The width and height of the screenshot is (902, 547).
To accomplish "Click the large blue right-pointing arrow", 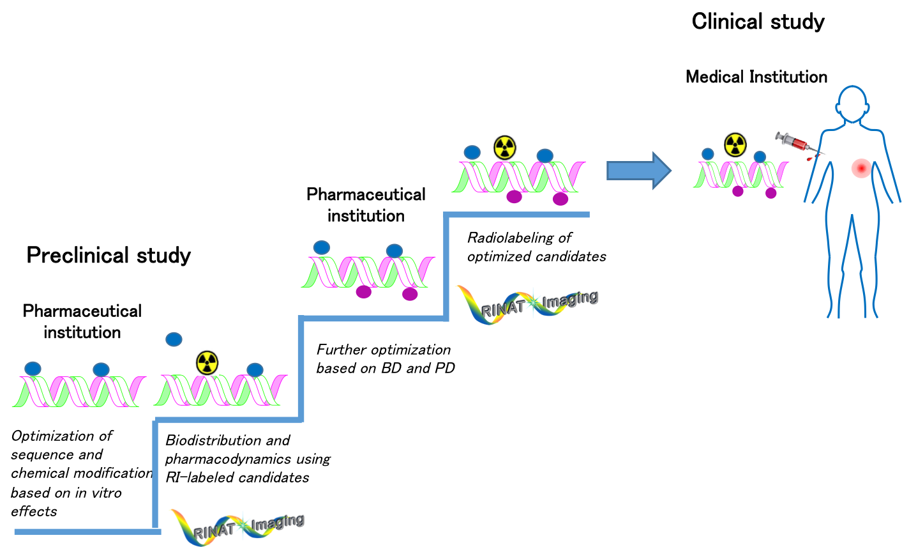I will tap(638, 171).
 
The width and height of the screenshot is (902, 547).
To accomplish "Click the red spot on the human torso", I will tap(861, 168).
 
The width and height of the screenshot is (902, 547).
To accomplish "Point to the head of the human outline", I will tap(852, 103).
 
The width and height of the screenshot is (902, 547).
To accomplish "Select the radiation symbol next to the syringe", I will tap(735, 144).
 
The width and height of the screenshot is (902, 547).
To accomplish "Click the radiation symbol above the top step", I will tap(505, 148).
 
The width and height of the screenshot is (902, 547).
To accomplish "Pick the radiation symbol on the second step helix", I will tap(207, 362).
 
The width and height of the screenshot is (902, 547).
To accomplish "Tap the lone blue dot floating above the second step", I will tap(174, 339).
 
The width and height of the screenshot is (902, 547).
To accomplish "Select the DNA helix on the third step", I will tap(368, 272).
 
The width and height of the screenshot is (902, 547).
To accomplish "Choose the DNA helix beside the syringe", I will tap(740, 174).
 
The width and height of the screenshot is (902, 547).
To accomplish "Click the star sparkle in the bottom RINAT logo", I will tap(243, 525).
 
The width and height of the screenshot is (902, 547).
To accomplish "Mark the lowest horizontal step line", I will tap(86, 532).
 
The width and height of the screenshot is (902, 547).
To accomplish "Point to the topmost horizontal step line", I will tap(517, 215).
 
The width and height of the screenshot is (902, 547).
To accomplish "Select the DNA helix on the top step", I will tap(518, 177).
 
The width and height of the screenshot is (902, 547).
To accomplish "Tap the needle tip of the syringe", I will tap(825, 154).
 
